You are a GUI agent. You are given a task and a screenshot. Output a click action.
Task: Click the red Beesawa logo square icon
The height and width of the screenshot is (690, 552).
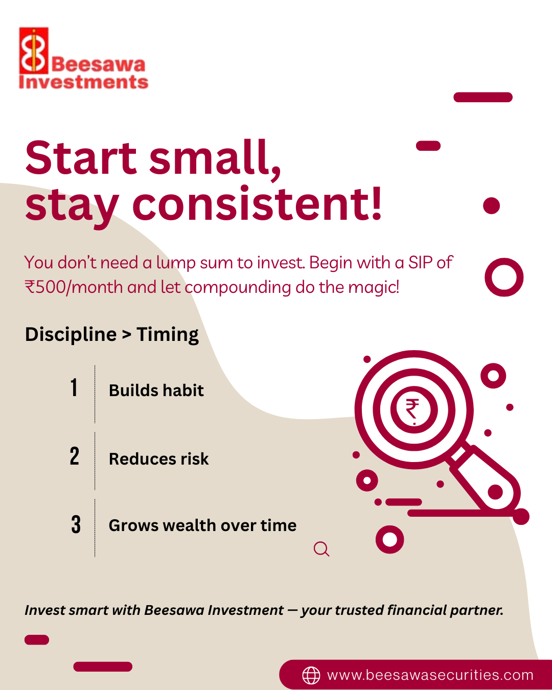click(34, 51)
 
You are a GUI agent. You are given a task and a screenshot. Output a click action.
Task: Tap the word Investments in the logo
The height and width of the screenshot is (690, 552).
click(84, 82)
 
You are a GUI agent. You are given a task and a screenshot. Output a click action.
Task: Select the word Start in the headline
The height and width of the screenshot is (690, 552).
click(81, 158)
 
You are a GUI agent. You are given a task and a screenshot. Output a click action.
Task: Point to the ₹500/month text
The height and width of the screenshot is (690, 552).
click(73, 287)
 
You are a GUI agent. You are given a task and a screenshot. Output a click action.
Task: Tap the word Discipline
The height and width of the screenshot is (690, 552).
click(71, 335)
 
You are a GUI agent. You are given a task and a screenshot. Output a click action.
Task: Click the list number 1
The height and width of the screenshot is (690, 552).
click(74, 387)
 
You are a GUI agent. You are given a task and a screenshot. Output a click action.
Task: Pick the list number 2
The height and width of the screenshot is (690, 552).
click(75, 456)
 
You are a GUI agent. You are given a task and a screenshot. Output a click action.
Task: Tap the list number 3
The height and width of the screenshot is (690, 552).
click(76, 524)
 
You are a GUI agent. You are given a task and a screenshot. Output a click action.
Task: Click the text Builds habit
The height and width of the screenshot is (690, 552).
click(156, 390)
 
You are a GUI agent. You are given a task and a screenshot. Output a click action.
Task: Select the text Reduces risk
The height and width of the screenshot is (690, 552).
click(159, 459)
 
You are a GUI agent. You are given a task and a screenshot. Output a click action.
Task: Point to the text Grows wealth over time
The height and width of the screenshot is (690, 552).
click(203, 526)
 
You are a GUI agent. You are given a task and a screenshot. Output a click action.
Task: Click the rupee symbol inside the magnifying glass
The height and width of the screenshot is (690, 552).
click(412, 409)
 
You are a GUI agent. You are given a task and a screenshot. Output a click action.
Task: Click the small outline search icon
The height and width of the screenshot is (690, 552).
click(321, 549)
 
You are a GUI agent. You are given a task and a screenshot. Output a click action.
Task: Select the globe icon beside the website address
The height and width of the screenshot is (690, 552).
click(311, 675)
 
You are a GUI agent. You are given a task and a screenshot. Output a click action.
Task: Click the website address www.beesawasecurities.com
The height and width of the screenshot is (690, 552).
click(430, 675)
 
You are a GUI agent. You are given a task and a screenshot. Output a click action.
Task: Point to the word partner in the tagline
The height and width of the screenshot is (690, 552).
click(477, 610)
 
